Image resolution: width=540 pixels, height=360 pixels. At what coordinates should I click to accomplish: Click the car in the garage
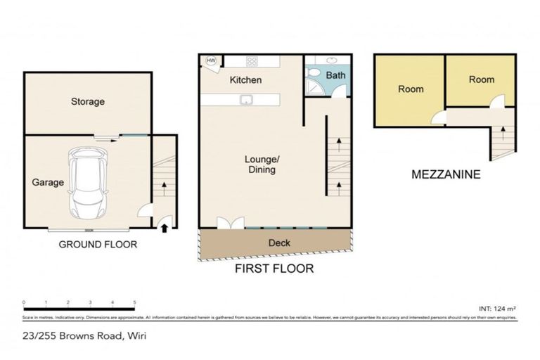[x=87, y=184]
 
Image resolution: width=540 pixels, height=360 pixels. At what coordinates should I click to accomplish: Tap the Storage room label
[x=88, y=101]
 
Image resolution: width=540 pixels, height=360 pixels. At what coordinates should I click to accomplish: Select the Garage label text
[x=48, y=182]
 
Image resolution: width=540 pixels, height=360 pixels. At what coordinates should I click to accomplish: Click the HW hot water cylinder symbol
[x=210, y=61]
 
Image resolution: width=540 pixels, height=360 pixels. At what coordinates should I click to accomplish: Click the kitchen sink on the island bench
[x=246, y=99]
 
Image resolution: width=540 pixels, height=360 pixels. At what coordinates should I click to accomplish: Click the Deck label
[x=280, y=243]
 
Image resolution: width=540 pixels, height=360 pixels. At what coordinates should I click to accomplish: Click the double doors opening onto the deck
[x=229, y=223]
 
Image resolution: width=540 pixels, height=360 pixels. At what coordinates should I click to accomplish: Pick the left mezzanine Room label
[x=411, y=89]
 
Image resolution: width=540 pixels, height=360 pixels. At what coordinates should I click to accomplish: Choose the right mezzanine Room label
[x=482, y=80]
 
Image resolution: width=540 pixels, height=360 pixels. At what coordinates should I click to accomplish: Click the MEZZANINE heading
[x=446, y=174]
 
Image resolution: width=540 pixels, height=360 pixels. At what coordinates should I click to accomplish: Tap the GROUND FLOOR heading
[x=97, y=245]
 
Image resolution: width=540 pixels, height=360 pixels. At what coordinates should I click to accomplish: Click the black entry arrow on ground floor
[x=165, y=226]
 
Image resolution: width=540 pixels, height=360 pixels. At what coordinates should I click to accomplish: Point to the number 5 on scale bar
[x=134, y=302]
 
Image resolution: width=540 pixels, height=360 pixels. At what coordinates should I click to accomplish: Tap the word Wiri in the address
[x=136, y=335]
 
